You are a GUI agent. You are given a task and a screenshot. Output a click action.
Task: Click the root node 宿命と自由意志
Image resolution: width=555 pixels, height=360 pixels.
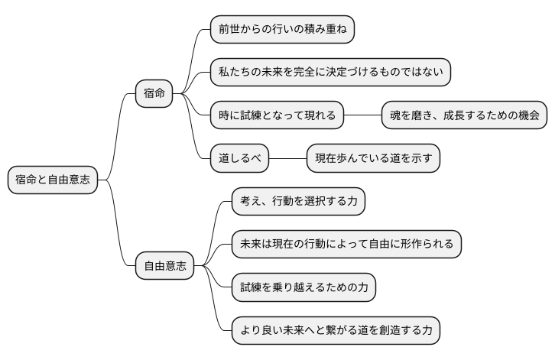pos(53,180)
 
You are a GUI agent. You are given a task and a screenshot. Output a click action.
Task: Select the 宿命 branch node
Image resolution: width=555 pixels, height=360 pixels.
pos(154,94)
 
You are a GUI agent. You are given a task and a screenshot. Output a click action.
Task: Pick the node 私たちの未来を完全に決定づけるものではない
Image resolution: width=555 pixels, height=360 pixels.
pos(329,73)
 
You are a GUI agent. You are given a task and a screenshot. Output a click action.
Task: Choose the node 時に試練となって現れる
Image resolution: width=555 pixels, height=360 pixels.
pos(277,115)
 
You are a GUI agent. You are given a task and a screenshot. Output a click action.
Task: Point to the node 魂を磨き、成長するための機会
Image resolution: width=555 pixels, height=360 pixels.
pos(464,115)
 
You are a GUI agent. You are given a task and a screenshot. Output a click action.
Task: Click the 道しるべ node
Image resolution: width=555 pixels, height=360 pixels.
pos(240,159)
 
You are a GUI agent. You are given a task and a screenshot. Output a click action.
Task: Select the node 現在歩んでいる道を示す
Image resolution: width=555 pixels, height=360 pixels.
pos(373,159)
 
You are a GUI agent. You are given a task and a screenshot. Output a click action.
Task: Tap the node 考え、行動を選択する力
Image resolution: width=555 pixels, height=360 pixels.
pos(298,202)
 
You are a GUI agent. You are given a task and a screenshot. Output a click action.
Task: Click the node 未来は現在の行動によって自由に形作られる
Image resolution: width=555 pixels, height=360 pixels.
pos(346,245)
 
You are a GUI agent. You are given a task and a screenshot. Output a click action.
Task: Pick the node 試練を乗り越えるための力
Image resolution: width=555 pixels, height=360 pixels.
pos(303,288)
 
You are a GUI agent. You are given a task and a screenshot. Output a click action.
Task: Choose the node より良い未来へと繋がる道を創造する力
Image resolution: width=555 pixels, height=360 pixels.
pos(336,331)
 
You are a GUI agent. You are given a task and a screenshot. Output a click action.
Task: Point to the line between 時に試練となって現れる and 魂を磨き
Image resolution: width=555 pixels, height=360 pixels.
pos(362,115)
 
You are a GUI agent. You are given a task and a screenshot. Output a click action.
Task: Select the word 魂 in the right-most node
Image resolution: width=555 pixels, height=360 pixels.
pos(396,115)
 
